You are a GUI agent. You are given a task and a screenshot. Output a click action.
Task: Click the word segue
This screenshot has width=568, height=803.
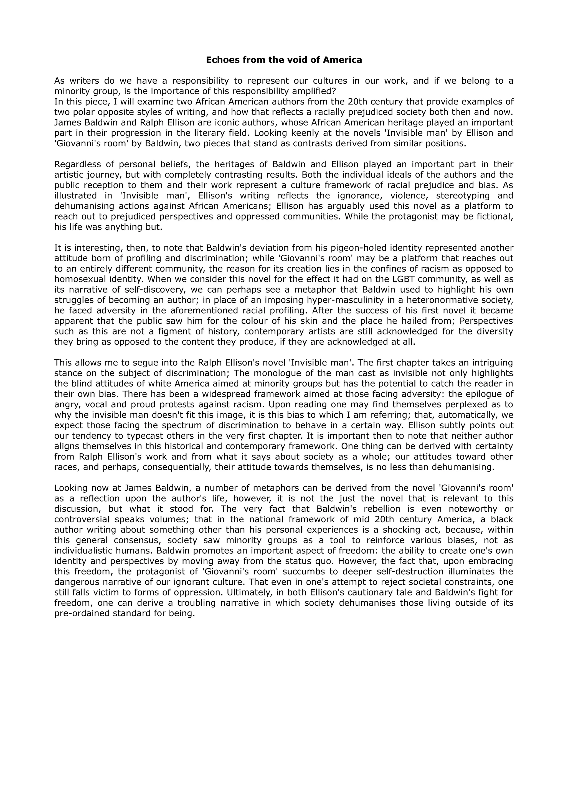[140, 363]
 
